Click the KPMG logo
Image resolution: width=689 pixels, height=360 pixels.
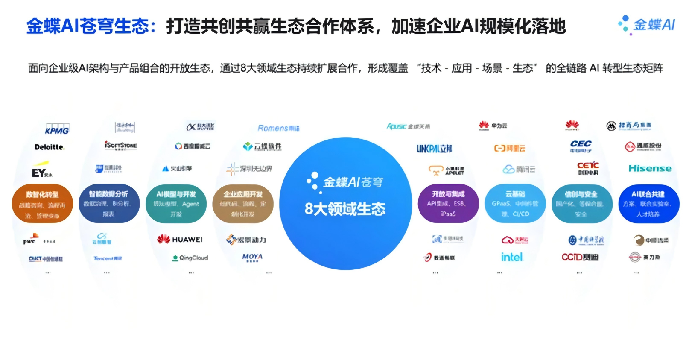[57, 129]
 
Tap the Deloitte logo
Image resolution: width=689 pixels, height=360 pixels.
[50, 147]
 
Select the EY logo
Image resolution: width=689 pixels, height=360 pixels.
[41, 172]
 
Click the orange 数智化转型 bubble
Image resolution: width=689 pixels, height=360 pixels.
[42, 204]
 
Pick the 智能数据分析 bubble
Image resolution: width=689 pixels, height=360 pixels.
[109, 204]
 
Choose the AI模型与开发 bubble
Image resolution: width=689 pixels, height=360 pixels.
[176, 204]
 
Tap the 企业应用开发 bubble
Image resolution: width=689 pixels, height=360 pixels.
[243, 204]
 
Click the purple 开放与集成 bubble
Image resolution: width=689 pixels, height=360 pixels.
[448, 204]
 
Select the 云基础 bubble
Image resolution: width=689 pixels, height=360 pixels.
[515, 204]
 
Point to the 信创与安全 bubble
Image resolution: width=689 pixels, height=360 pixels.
[581, 204]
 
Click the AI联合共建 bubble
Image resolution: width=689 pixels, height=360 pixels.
[648, 204]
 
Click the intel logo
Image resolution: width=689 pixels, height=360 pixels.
[512, 257]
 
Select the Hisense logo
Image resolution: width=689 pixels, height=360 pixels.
[650, 168]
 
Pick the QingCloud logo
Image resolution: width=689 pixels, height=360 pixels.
[190, 258]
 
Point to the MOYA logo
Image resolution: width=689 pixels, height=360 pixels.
[252, 257]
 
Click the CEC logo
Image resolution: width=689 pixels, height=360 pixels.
[581, 146]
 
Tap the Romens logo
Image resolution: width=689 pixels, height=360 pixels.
[278, 128]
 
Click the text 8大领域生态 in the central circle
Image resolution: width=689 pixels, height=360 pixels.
[345, 209]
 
